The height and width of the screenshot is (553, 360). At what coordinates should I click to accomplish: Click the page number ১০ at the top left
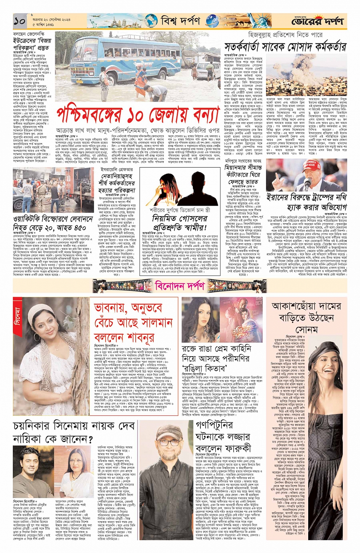click(19, 20)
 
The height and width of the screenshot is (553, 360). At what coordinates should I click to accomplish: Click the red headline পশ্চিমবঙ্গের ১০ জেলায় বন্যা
click(138, 115)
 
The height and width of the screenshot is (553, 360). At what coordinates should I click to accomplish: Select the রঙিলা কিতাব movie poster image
click(241, 320)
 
